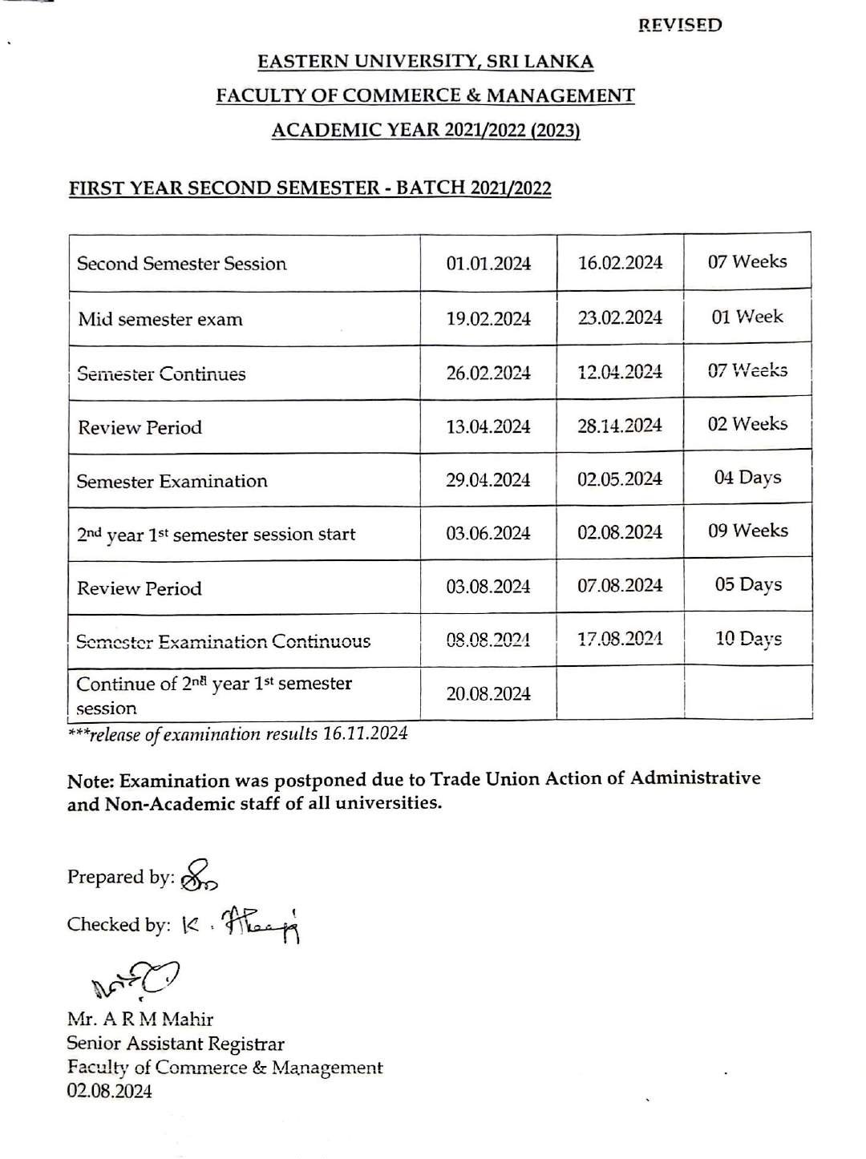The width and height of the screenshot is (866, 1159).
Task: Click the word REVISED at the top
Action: tap(680, 25)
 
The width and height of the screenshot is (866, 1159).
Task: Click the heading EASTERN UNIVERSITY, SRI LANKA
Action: tap(426, 61)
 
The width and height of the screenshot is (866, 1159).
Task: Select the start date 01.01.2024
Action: tap(488, 264)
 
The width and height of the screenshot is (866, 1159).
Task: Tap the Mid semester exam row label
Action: tap(160, 319)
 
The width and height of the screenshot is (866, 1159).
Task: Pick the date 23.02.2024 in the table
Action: tap(620, 317)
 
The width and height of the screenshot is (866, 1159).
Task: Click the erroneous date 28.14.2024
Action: tap(620, 426)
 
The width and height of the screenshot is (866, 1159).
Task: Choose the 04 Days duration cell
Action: tap(747, 478)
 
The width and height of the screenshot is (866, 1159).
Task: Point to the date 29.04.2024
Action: tap(488, 480)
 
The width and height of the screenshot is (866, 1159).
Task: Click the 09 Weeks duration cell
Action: tap(747, 531)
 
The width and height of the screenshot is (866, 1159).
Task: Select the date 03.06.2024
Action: tap(488, 533)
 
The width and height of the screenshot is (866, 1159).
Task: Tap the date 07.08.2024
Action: tap(620, 585)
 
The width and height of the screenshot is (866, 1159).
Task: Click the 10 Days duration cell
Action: tap(747, 639)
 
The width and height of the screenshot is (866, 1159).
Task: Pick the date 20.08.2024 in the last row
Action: tap(488, 694)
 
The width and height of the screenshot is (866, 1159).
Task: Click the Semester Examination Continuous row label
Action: tap(223, 641)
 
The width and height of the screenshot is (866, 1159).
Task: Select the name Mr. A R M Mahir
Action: tap(140, 1020)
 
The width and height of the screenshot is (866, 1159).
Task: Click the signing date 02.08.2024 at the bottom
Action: tap(110, 1091)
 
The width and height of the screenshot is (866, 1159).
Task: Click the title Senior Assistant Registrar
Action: tap(176, 1044)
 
